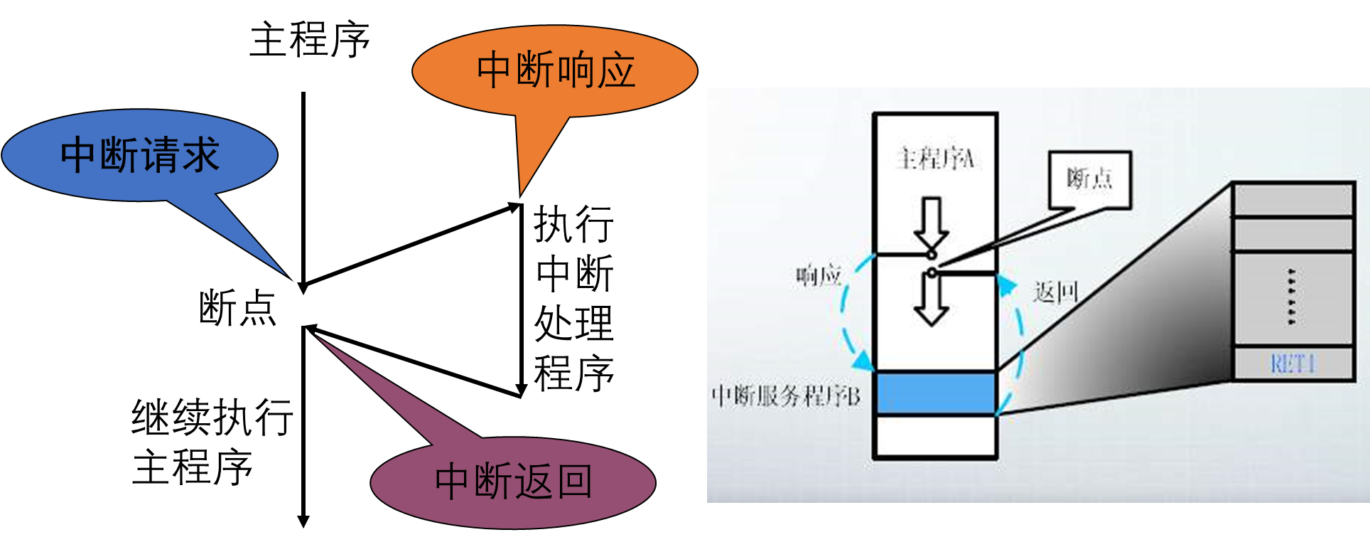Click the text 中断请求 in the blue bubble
(x=140, y=155)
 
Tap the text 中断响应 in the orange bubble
(x=556, y=70)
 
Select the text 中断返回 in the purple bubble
(x=513, y=482)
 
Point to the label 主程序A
(x=935, y=159)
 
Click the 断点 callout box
(x=1089, y=179)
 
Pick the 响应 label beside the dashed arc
(x=819, y=275)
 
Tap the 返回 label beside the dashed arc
(x=1056, y=292)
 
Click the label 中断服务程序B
(x=786, y=395)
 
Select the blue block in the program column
(x=935, y=393)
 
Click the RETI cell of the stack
(x=1293, y=364)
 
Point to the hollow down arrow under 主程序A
(x=932, y=222)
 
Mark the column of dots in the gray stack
(x=1291, y=297)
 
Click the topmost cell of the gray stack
(x=1293, y=199)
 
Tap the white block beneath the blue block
(x=935, y=436)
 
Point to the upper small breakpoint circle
(x=932, y=254)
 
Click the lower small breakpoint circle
(x=932, y=272)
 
